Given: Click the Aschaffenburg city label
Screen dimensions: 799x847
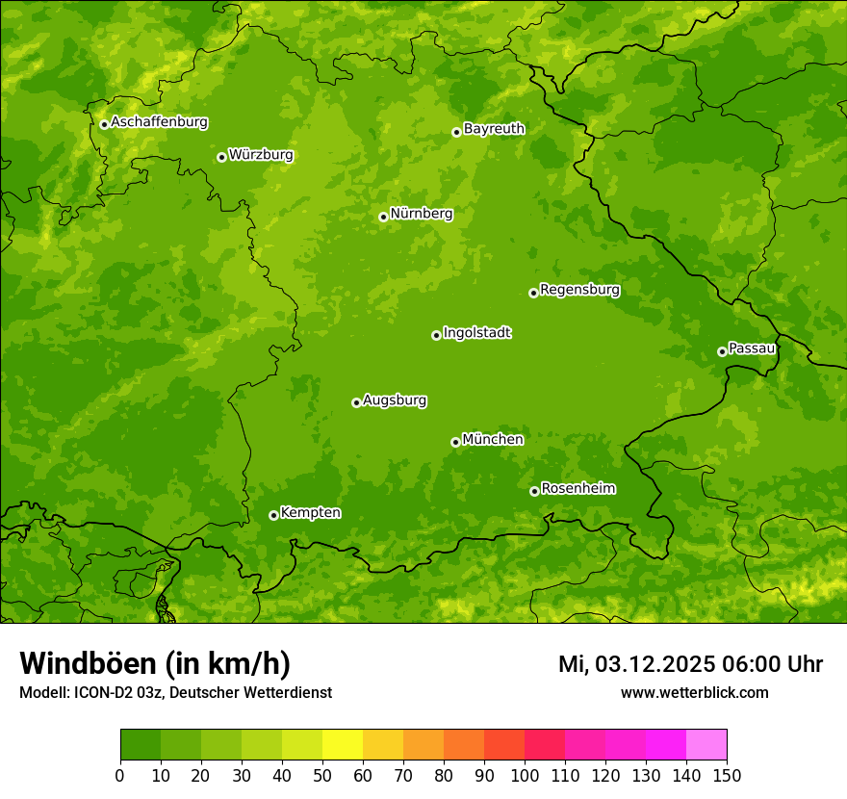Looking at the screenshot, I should point(159,122).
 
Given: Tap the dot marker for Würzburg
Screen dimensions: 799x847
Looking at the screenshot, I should point(221,157).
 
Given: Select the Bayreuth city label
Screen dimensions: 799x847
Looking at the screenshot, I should point(494,129).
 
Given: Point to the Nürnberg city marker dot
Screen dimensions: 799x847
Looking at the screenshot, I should point(383,217).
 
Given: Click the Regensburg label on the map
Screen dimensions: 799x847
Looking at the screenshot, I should point(579,290).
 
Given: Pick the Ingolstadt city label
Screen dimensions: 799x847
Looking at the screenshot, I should point(476,333).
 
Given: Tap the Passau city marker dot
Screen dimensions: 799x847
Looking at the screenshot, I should point(722,351).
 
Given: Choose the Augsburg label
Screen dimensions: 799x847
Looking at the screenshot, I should point(395,400).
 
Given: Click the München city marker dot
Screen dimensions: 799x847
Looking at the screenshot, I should point(455,442).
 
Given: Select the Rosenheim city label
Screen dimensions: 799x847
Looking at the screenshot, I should point(577,489).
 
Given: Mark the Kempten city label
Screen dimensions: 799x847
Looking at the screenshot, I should point(310,513).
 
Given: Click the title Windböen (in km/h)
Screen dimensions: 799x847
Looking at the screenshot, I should point(155,663).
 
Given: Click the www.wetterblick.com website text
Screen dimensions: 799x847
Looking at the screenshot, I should point(694,693).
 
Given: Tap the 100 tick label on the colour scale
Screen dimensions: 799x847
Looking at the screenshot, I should point(525,776).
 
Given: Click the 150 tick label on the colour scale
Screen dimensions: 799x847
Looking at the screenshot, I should point(727,776).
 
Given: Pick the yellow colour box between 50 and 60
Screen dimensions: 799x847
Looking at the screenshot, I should point(343,745).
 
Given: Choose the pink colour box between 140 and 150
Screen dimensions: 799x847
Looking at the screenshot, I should point(706,745).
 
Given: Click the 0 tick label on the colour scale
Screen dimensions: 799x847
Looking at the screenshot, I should point(120,776).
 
